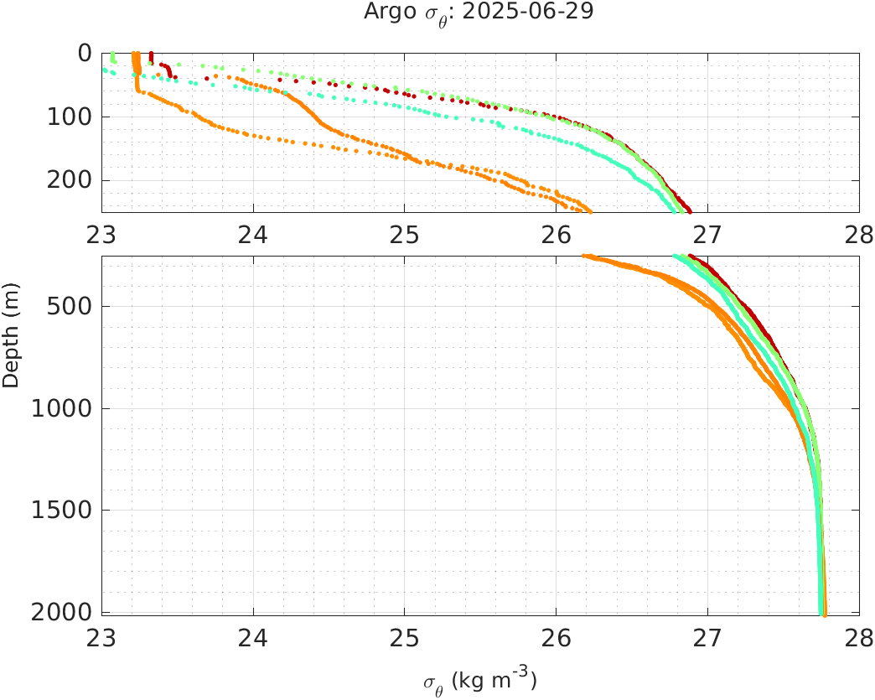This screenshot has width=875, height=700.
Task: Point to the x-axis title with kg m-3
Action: (x=479, y=680)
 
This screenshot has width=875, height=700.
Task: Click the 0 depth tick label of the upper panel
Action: (x=85, y=53)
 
